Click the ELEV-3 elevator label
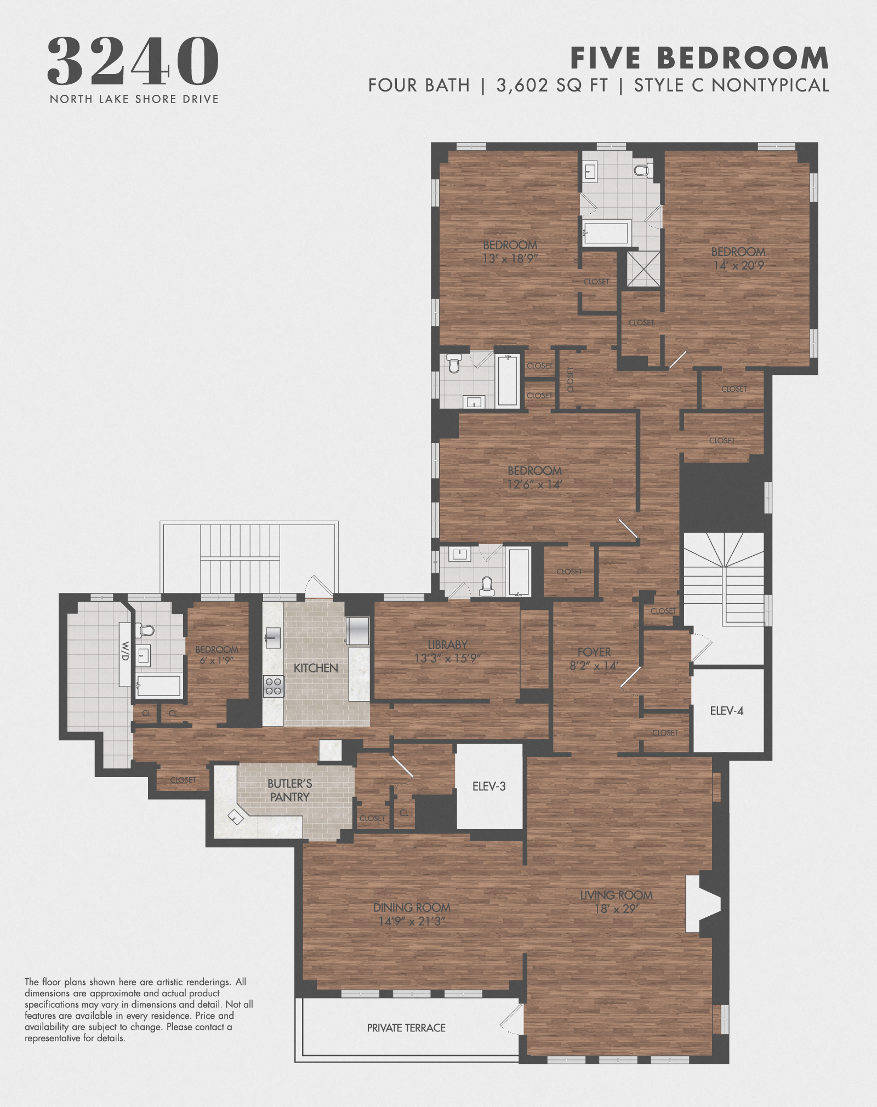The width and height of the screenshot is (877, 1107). click(489, 786)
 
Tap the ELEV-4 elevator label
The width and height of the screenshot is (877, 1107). click(726, 711)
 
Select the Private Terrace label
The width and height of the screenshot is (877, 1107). click(406, 1028)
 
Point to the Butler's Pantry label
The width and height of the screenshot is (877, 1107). click(290, 790)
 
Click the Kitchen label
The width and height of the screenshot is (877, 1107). click(316, 668)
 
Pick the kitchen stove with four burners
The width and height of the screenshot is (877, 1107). click(274, 686)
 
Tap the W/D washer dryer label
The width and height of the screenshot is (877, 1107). click(126, 650)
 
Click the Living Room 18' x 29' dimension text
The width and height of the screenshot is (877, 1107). click(616, 909)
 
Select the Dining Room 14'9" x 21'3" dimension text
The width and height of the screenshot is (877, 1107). click(412, 921)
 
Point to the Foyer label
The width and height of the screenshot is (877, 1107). click(594, 652)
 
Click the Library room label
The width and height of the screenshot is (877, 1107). click(447, 644)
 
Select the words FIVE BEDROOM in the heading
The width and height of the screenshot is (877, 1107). click(699, 58)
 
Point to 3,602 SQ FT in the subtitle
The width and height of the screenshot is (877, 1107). click(552, 85)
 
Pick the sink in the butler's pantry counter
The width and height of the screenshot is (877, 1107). click(236, 818)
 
